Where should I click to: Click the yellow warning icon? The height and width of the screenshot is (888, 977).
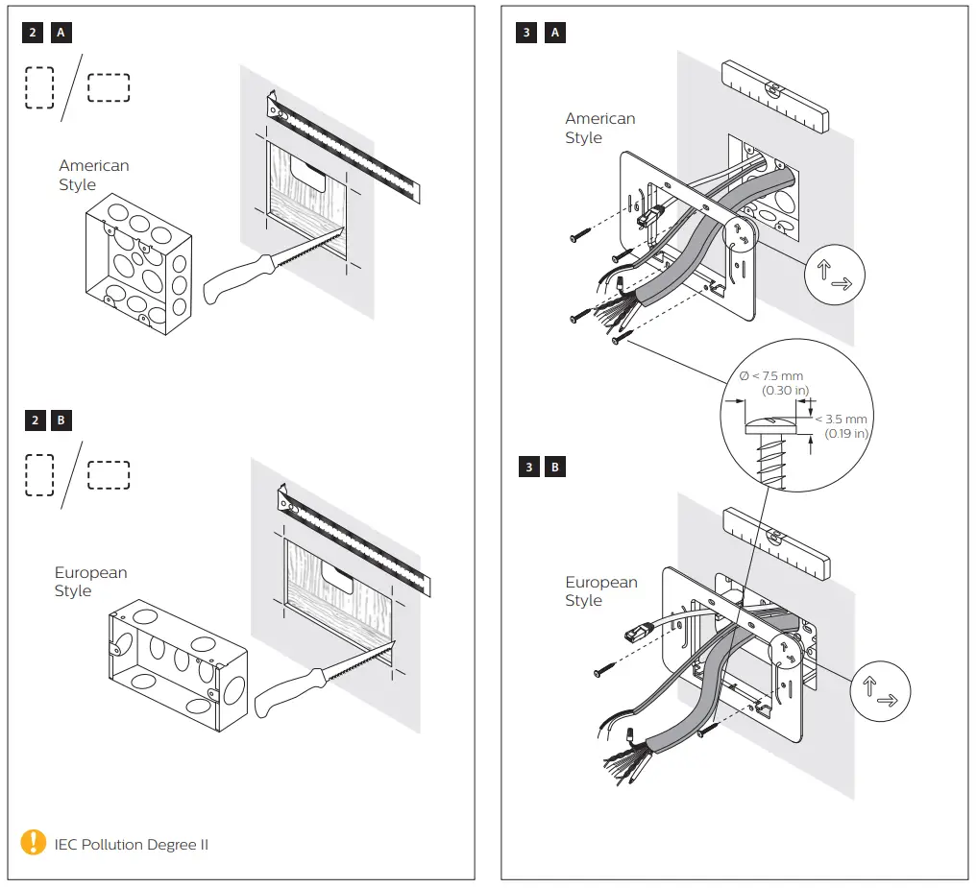[34, 843]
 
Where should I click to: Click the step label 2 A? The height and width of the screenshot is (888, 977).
[47, 32]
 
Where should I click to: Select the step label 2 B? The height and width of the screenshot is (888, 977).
[47, 420]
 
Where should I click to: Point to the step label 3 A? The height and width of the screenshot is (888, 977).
[541, 32]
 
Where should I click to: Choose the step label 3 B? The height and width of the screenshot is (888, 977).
[541, 468]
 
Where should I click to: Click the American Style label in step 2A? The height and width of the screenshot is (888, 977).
[93, 175]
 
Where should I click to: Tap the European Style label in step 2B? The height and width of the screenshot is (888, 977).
[89, 582]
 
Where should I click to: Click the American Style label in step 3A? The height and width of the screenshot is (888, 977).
[599, 128]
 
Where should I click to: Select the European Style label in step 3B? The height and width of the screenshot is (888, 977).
[599, 591]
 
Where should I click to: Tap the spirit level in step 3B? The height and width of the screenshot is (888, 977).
[774, 544]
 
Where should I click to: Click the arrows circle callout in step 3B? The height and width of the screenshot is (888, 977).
[879, 692]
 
